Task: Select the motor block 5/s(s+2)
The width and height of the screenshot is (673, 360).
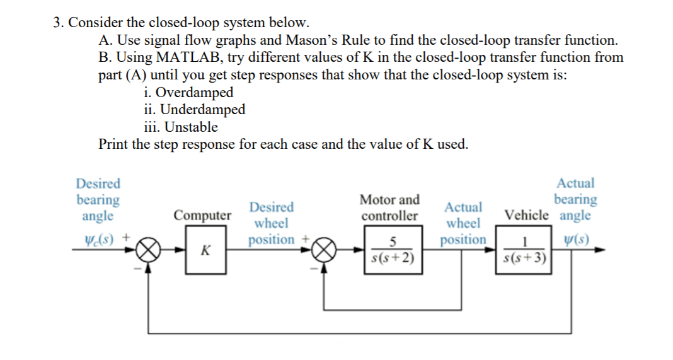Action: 392,250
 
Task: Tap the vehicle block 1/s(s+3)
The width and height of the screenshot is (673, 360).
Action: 526,250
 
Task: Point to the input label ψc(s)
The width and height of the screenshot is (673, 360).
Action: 98,239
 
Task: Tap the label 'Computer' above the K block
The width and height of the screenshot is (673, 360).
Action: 203,216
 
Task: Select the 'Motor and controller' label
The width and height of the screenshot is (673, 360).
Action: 389,208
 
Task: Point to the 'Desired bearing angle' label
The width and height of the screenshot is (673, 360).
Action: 98,200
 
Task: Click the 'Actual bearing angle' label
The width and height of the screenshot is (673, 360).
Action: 575,199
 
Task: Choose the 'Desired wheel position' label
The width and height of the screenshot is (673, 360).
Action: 271,223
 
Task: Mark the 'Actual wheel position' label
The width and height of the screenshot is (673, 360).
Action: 464,223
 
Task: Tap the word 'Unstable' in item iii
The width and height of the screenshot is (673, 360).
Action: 191,127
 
